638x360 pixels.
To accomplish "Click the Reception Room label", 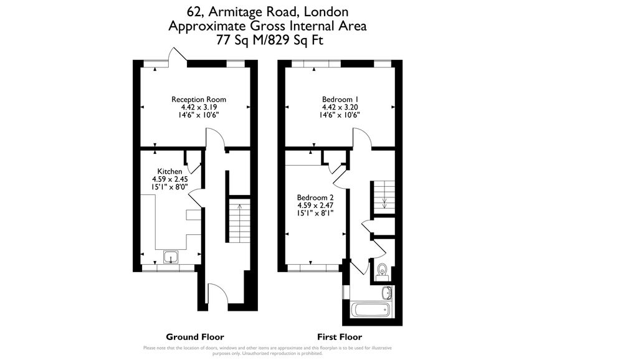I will (199, 100).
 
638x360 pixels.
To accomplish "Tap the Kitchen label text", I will (169, 172).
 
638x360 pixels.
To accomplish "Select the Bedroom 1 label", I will (340, 100).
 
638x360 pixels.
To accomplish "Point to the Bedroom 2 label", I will (315, 197).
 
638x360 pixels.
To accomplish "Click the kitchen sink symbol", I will (170, 257).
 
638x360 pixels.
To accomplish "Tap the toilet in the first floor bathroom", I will (383, 270).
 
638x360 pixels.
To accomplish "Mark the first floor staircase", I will (383, 196).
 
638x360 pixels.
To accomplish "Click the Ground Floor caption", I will (194, 337).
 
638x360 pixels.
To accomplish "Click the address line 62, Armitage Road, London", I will (267, 12).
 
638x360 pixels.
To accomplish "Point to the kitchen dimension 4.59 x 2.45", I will (169, 179).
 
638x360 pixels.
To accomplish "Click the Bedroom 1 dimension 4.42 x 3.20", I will (340, 107).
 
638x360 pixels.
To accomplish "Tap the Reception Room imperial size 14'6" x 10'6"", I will (199, 115).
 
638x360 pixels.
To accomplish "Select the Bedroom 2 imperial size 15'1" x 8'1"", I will (315, 212).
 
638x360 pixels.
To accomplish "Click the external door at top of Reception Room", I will (178, 57).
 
